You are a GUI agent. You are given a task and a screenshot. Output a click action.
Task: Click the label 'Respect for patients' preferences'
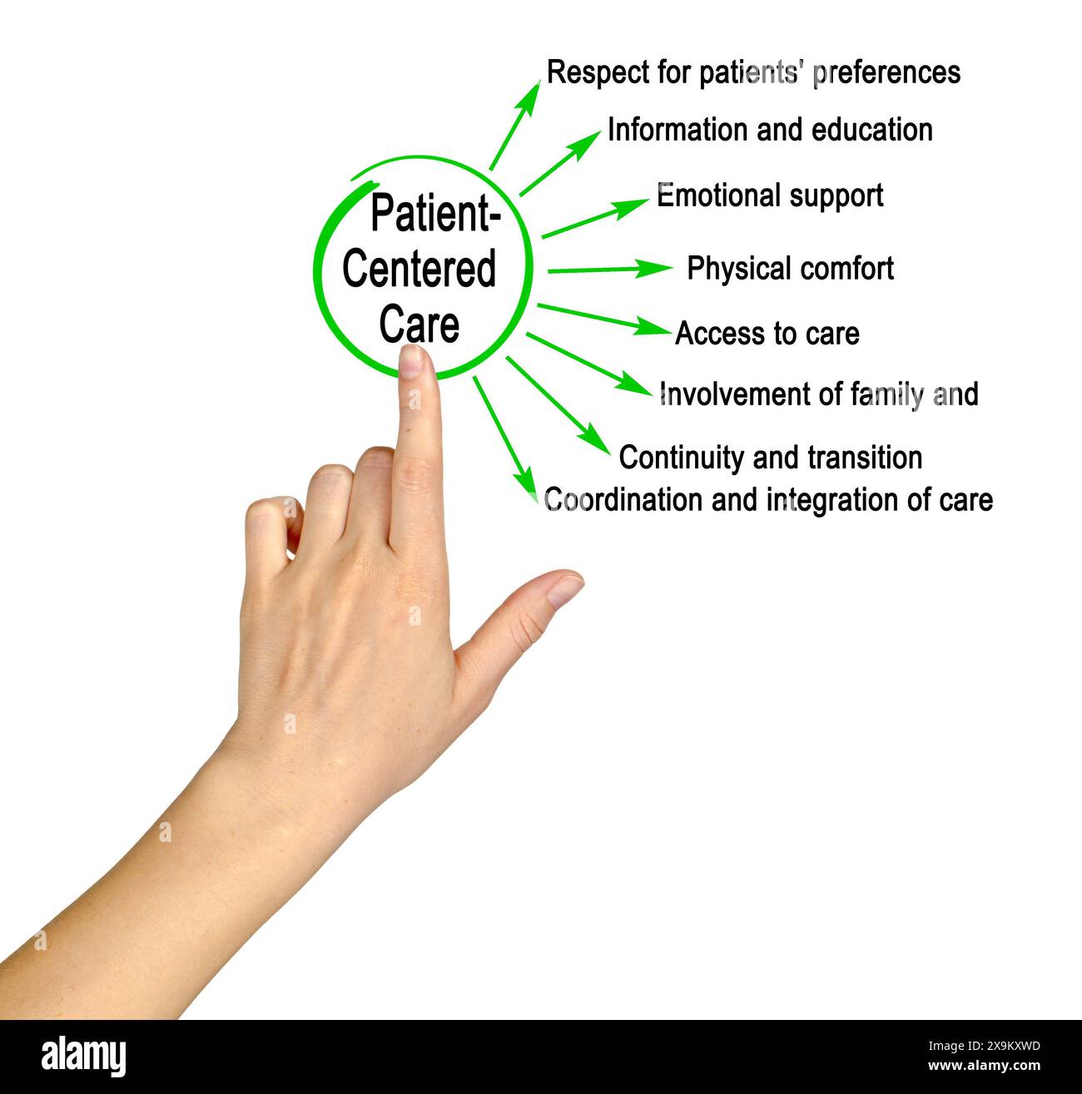pyautogui.click(x=753, y=72)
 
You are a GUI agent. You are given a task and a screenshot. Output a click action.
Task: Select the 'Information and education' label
pyautogui.click(x=770, y=131)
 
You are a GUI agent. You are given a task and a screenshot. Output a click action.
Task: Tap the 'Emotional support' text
pyautogui.click(x=770, y=196)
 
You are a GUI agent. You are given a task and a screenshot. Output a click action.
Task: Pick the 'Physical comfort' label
pyautogui.click(x=790, y=269)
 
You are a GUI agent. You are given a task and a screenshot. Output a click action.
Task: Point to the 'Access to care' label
pyautogui.click(x=767, y=334)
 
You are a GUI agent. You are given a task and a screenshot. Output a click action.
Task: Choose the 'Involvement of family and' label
pyautogui.click(x=818, y=394)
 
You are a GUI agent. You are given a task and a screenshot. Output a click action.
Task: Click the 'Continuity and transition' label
pyautogui.click(x=771, y=458)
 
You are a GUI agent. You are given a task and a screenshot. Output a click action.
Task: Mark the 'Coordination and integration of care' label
pyautogui.click(x=768, y=500)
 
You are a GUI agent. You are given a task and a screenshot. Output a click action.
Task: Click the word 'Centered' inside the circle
pyautogui.click(x=419, y=269)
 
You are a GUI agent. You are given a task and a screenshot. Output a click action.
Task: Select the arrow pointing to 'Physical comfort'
pyautogui.click(x=609, y=270)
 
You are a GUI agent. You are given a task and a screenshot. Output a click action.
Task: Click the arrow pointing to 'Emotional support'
pyautogui.click(x=594, y=218)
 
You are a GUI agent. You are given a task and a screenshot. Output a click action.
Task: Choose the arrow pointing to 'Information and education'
pyautogui.click(x=559, y=163)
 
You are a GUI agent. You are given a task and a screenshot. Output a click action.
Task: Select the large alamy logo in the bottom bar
pyautogui.click(x=84, y=1057)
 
